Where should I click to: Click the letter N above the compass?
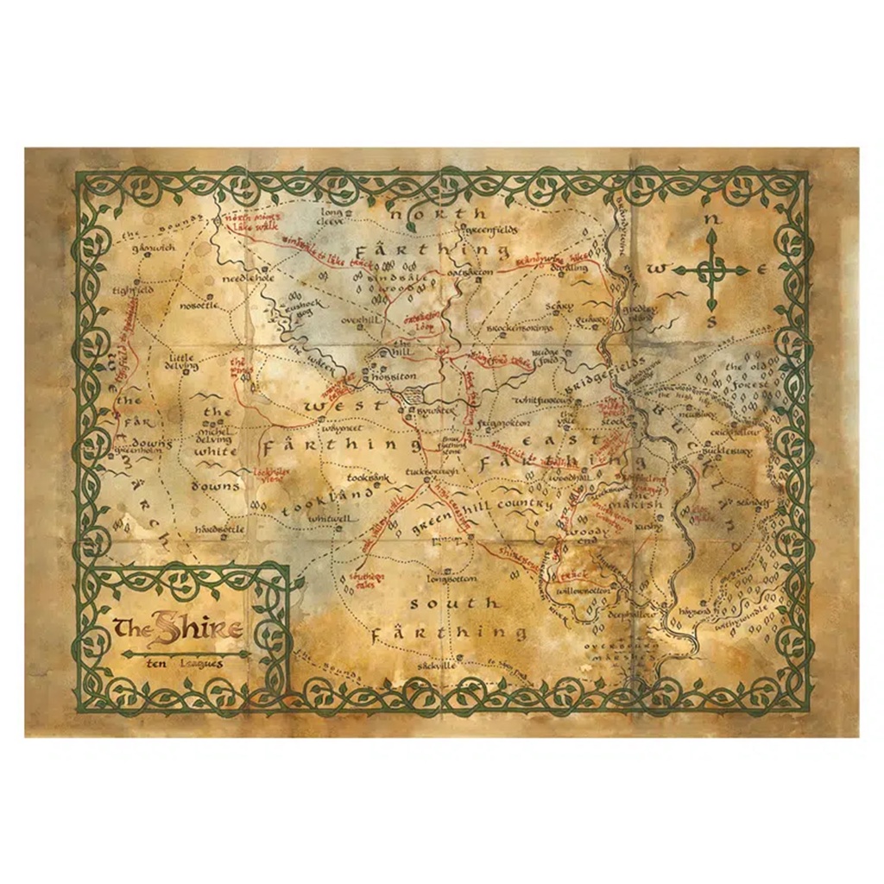pyautogui.click(x=711, y=221)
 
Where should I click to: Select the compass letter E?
pyautogui.click(x=762, y=270)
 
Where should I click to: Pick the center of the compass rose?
pyautogui.click(x=711, y=271)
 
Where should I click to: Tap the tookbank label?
pyautogui.click(x=369, y=477)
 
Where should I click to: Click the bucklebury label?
pyautogui.click(x=727, y=451)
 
